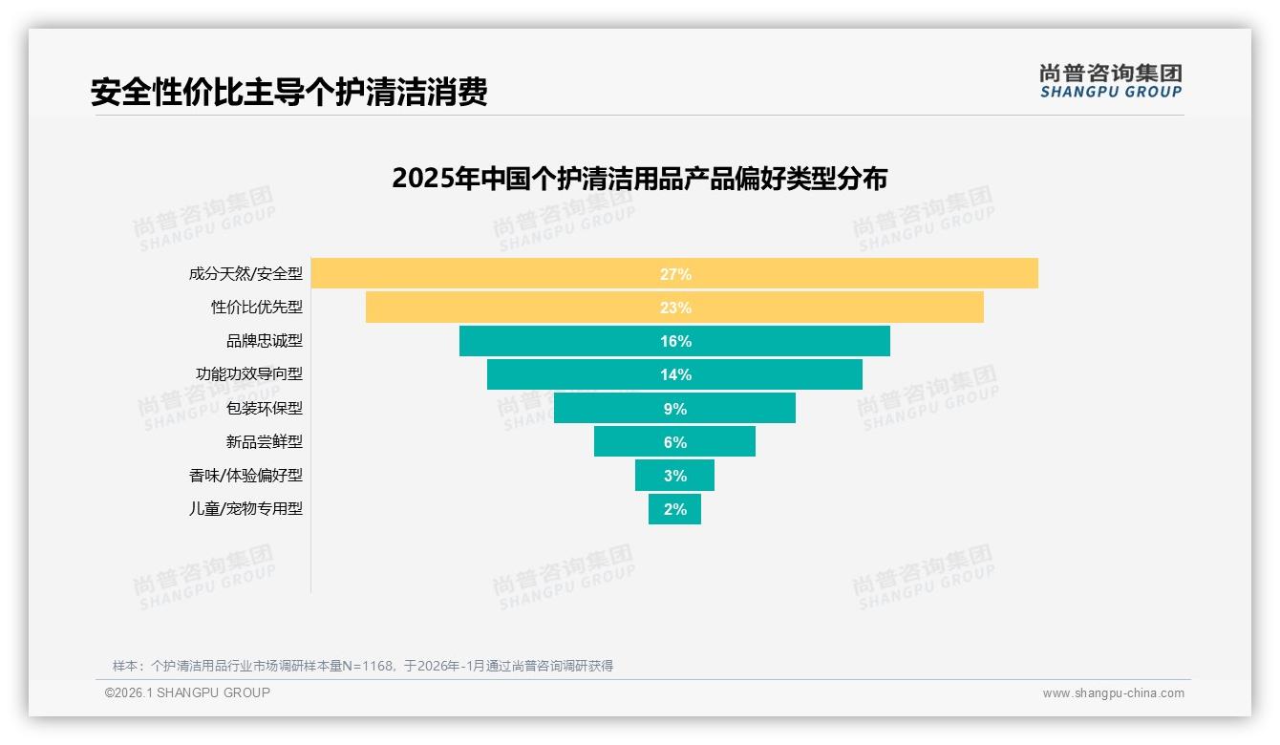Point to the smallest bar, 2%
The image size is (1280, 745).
(x=674, y=509)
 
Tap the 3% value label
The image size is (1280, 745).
(x=675, y=476)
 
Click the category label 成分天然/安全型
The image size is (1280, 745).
(x=245, y=274)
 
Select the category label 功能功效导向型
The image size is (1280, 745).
(x=249, y=374)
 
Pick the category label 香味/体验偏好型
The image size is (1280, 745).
(x=245, y=476)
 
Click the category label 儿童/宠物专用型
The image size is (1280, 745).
(x=245, y=509)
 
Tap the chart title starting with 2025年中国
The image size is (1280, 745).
(x=639, y=179)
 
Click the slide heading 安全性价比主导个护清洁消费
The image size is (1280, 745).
(x=288, y=93)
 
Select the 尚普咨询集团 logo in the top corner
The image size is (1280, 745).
(x=1111, y=81)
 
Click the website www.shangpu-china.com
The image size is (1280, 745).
(x=1113, y=693)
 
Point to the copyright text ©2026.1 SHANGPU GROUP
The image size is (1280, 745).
(x=187, y=692)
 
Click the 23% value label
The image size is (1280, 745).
(x=675, y=308)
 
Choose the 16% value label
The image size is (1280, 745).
(x=675, y=341)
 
